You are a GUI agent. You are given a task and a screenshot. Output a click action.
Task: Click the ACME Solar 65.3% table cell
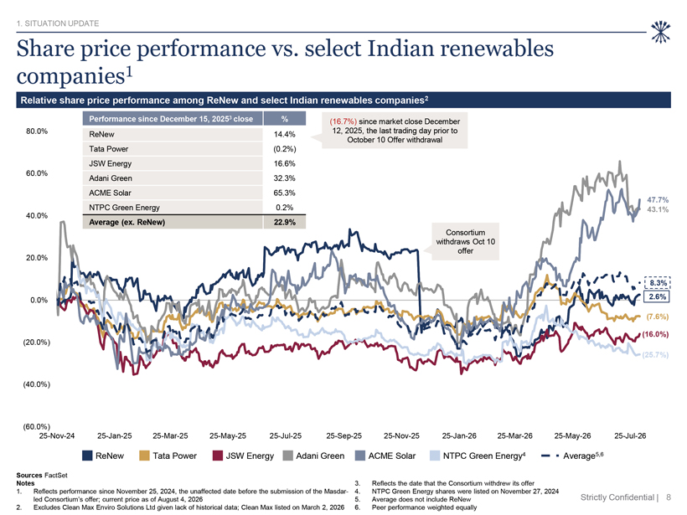pyautogui.click(x=284, y=193)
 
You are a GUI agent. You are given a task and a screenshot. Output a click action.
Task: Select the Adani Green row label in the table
pyautogui.click(x=111, y=178)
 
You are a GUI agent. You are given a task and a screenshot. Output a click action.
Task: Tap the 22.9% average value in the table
pyautogui.click(x=284, y=222)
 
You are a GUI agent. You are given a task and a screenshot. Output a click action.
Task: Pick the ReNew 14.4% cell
pyautogui.click(x=284, y=135)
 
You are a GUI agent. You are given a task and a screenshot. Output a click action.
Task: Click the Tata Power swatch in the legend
pyautogui.click(x=144, y=456)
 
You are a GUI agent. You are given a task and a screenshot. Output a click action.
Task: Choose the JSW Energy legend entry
pyautogui.click(x=243, y=456)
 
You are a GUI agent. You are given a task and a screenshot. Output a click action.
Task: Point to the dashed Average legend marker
pyautogui.click(x=550, y=456)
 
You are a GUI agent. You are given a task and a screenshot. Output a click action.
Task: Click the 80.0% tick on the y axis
pyautogui.click(x=37, y=131)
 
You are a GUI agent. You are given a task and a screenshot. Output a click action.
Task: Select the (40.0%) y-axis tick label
pyautogui.click(x=37, y=384)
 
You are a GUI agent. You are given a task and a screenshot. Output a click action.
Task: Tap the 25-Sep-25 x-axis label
pyautogui.click(x=344, y=435)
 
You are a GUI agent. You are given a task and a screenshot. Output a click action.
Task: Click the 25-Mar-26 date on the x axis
pyautogui.click(x=514, y=435)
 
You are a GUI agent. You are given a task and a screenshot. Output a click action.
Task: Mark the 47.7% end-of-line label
pyautogui.click(x=658, y=200)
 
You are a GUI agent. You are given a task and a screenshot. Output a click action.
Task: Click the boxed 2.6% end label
pyautogui.click(x=657, y=296)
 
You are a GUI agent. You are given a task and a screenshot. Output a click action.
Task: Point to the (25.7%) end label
pyautogui.click(x=655, y=355)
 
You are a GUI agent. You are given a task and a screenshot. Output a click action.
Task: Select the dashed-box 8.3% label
pyautogui.click(x=657, y=283)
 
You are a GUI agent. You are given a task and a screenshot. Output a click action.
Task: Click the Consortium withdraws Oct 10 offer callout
pyautogui.click(x=465, y=241)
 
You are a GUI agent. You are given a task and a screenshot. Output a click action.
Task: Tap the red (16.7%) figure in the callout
pyautogui.click(x=343, y=121)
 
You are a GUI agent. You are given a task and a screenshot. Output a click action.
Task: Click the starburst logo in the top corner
pyautogui.click(x=661, y=32)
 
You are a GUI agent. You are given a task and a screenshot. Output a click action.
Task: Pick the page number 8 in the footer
pyautogui.click(x=669, y=497)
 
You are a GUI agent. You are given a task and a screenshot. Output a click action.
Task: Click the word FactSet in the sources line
pyautogui.click(x=55, y=475)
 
